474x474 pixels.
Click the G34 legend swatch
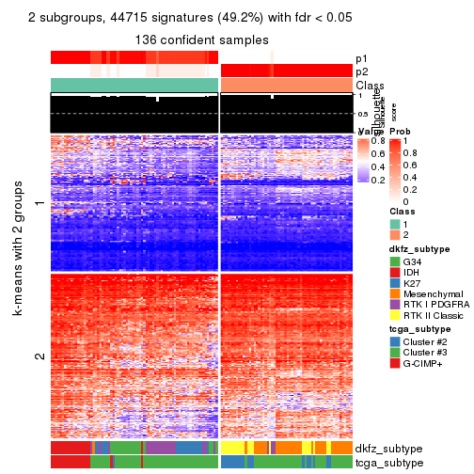[x=395, y=261]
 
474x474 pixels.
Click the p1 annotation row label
[x=362, y=58]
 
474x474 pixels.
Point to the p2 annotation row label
[x=362, y=71]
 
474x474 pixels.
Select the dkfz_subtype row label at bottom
[x=388, y=448]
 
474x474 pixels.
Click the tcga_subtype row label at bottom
[x=387, y=462]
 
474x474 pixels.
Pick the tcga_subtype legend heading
[x=414, y=328]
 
